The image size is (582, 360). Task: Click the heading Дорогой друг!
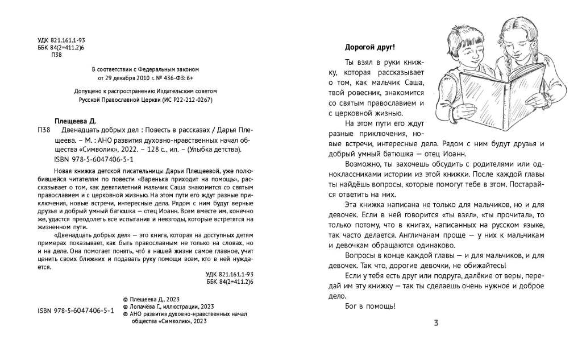369,47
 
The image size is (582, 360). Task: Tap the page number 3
436,324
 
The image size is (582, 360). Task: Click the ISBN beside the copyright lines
76,312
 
